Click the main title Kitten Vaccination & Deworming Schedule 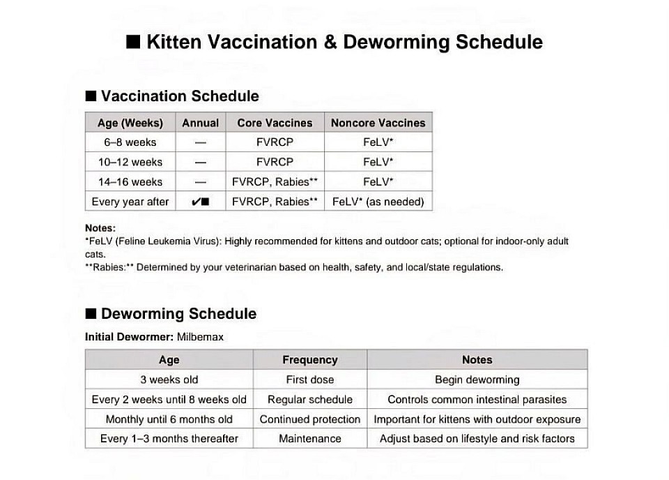(334, 42)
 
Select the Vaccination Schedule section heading (180, 96)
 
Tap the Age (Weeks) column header (130, 123)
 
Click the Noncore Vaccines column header (378, 123)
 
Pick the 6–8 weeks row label (130, 142)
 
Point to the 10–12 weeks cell (130, 162)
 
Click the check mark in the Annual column (197, 202)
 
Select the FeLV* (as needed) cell (378, 202)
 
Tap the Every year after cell (130, 202)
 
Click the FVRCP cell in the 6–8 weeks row (275, 142)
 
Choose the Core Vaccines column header (275, 123)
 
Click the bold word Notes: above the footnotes (100, 228)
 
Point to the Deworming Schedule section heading (178, 314)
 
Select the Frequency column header (309, 360)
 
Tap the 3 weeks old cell (169, 380)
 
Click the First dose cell (309, 380)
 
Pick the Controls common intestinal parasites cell (477, 400)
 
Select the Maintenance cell (309, 439)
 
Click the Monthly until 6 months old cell (169, 419)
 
